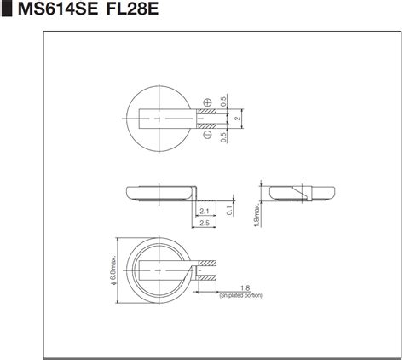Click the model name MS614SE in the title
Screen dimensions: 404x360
[58, 9]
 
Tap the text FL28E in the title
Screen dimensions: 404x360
[132, 9]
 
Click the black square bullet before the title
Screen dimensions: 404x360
[7, 9]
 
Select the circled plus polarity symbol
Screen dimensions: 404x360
[208, 102]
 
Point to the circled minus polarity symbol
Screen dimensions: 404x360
[208, 135]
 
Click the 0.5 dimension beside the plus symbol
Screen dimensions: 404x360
[223, 102]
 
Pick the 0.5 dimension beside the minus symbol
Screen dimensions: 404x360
[223, 137]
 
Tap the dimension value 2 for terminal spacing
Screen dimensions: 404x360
[238, 118]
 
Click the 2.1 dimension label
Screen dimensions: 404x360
[205, 212]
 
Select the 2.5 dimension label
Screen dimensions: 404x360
[205, 223]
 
